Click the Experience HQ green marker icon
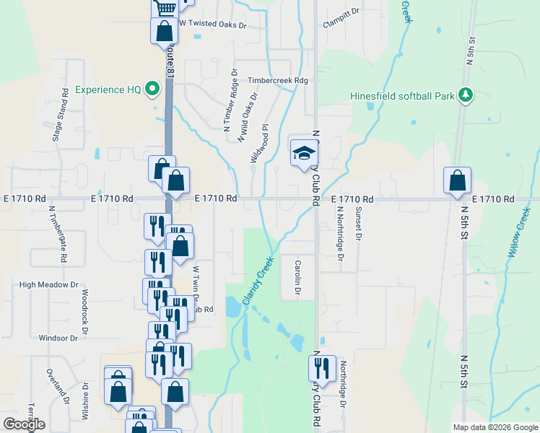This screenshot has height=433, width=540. coord(152,89)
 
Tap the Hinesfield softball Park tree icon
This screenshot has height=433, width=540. coord(466,95)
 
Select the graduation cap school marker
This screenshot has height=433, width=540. coord(304,153)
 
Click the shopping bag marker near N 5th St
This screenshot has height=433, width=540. coord(457,181)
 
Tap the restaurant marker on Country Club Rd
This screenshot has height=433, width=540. coord(322,367)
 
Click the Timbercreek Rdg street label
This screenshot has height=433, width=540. coord(277,81)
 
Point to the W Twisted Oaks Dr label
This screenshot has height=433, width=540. coord(213,24)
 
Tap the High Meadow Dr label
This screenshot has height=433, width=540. coord(48,285)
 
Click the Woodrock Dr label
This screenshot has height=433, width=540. coord(85,307)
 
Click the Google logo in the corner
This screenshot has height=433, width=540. coord(24,425)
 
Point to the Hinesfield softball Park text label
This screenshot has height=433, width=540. coord(402,95)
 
